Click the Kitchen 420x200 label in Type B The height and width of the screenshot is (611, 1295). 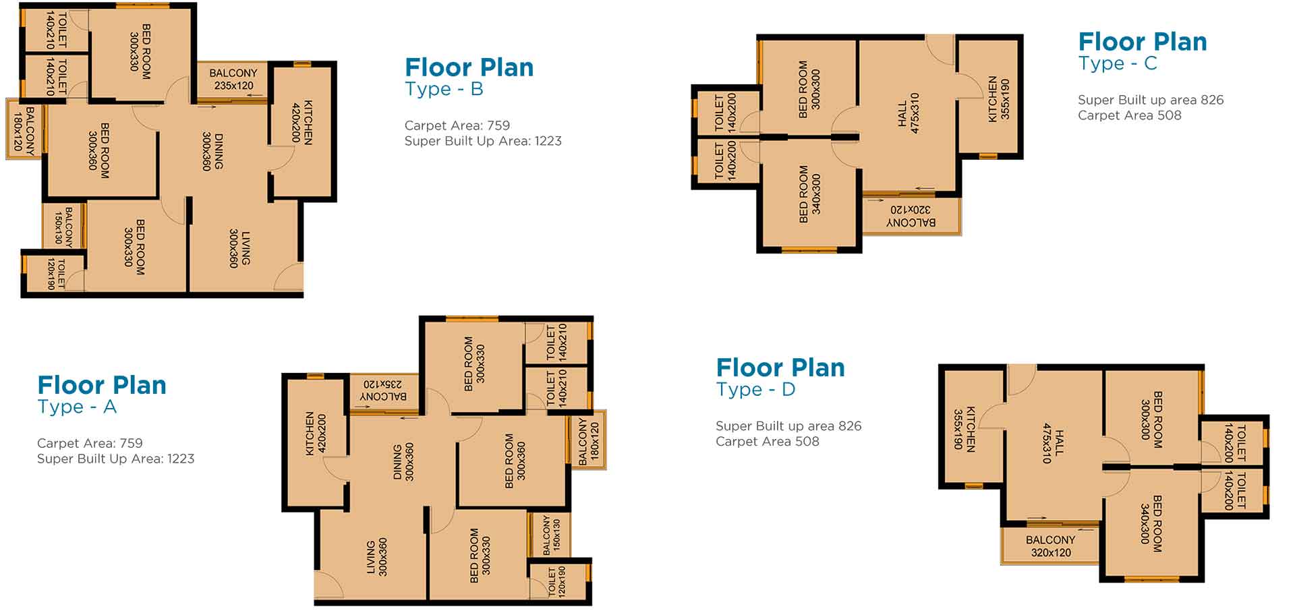(x=302, y=123)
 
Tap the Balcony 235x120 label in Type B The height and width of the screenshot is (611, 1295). (x=233, y=79)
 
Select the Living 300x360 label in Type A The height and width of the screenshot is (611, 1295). (x=376, y=556)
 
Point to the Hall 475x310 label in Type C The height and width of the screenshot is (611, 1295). (x=909, y=113)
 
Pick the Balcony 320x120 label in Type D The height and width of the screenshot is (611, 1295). (x=1051, y=546)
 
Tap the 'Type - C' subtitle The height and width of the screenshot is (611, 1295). (x=1118, y=63)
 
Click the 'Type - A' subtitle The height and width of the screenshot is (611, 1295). (x=77, y=407)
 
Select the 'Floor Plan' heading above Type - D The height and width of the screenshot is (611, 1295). (x=780, y=368)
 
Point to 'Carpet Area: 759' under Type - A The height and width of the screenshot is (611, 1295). (x=90, y=443)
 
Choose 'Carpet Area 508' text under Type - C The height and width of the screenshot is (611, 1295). (x=1130, y=115)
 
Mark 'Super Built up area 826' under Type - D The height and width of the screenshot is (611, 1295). (x=788, y=426)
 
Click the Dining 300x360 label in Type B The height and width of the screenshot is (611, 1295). (x=212, y=151)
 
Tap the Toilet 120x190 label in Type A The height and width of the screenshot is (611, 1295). (x=557, y=581)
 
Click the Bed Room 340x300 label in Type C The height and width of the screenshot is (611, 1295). (x=809, y=194)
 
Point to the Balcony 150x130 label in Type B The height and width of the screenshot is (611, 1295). (x=63, y=225)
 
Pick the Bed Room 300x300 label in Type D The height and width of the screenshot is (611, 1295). (x=1152, y=419)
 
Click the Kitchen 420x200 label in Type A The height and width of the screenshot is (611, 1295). (x=316, y=434)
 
